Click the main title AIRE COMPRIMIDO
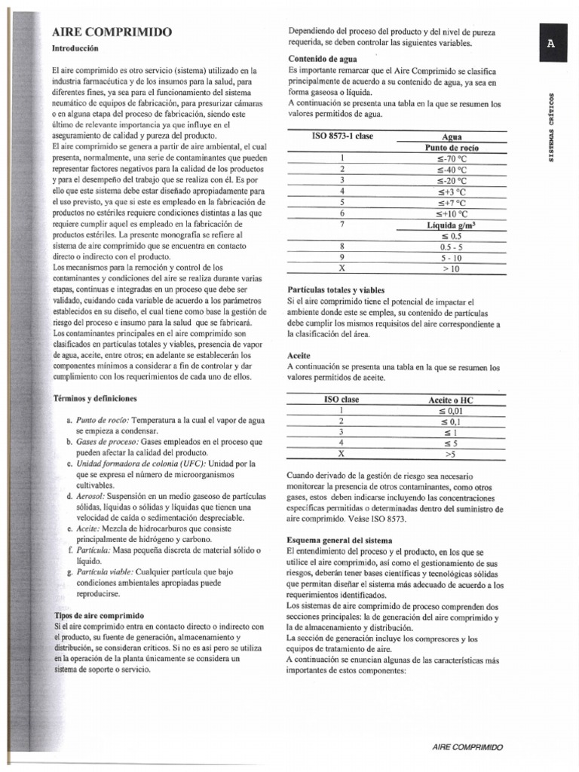pos(112,32)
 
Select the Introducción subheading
pos(75,47)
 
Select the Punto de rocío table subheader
pos(452,148)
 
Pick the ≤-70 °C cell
pos(452,159)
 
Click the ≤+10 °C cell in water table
pos(452,213)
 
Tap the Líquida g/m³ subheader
pos(452,225)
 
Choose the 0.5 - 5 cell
pos(452,247)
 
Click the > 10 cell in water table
pos(452,268)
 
